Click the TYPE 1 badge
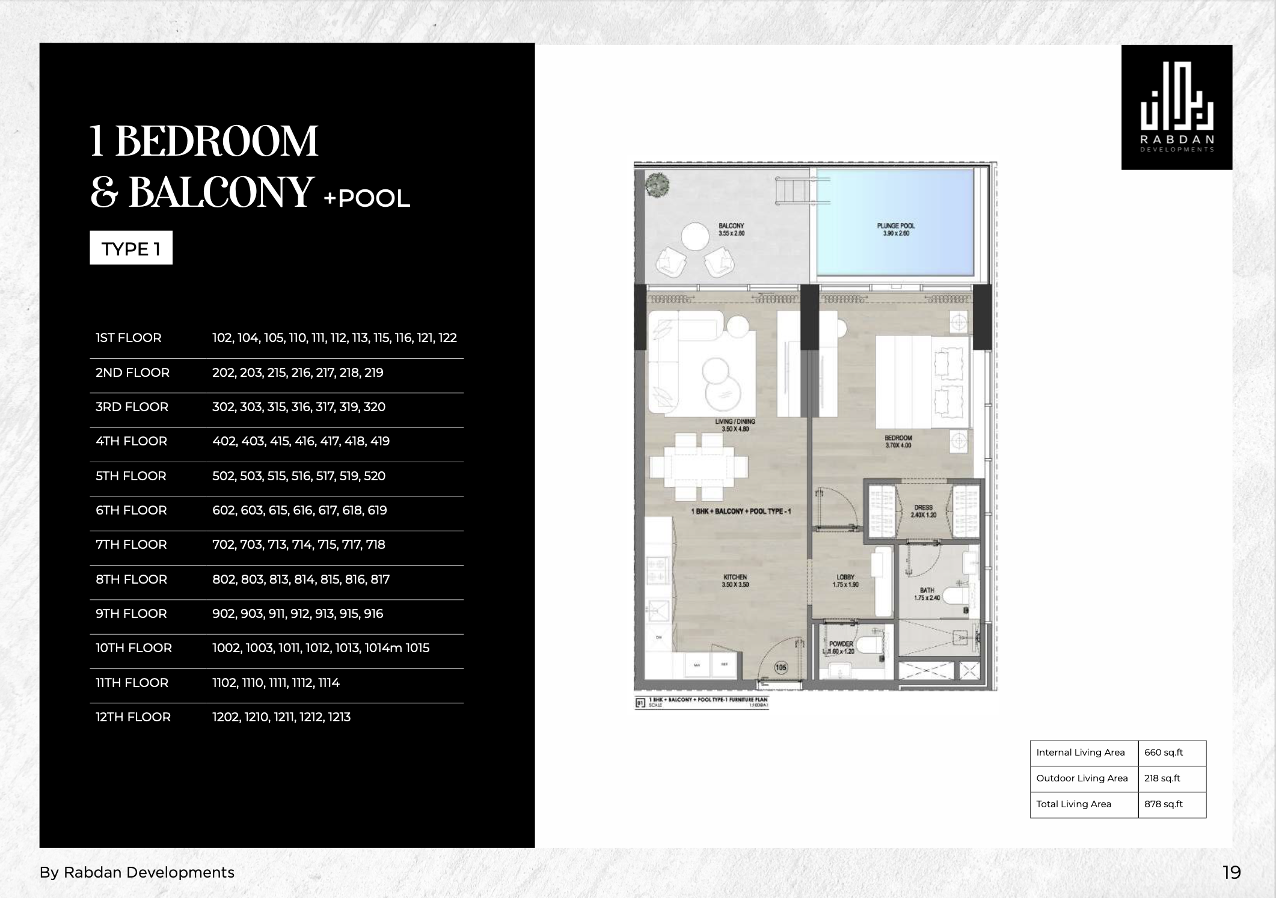tap(131, 248)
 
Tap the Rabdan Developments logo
tap(1177, 108)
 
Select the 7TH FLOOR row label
tap(131, 545)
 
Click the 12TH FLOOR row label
tap(133, 717)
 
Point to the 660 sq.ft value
tap(1164, 753)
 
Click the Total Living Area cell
tap(1074, 804)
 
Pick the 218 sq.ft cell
tap(1162, 778)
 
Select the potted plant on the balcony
tap(656, 184)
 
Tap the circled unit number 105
tap(781, 668)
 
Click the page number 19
tap(1232, 872)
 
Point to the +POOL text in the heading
tap(367, 198)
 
